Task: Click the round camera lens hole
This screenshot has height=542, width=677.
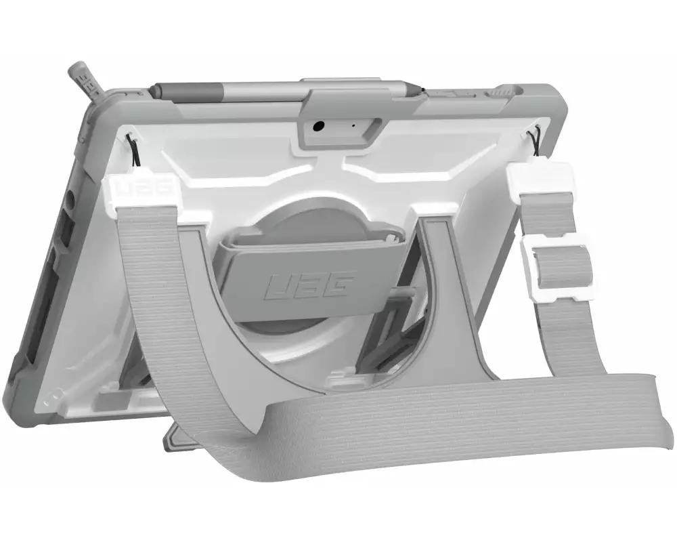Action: coord(319,126)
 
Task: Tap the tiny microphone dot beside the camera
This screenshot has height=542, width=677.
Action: coord(353,126)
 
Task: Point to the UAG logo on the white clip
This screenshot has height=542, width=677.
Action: coord(141,189)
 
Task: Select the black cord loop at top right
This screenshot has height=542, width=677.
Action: coord(536,141)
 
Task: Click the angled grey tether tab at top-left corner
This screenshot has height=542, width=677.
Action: coord(89,83)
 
